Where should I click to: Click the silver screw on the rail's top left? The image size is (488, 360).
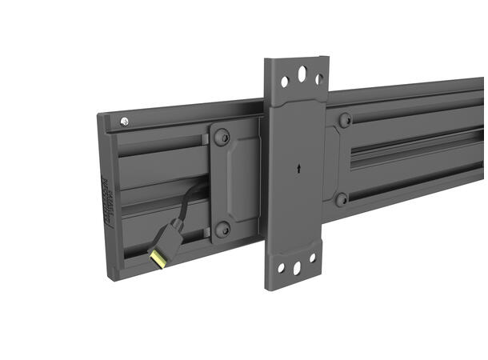point(124,121)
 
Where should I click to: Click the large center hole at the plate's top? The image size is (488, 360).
point(302,74)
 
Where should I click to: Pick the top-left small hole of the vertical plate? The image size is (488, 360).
point(285,81)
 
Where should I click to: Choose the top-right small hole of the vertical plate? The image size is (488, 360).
point(319,78)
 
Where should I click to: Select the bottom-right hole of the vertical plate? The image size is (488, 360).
point(313,258)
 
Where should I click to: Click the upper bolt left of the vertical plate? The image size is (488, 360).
point(224,138)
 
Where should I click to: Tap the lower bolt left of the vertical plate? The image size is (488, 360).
point(224,230)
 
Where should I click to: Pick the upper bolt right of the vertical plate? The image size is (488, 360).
point(345,121)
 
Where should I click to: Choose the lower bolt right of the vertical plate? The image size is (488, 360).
point(342,199)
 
